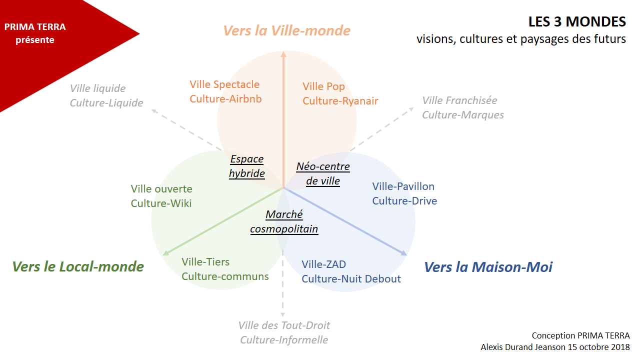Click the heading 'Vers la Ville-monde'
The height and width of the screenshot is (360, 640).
pyautogui.click(x=286, y=30)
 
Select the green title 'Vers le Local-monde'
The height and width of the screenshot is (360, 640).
pyautogui.click(x=78, y=266)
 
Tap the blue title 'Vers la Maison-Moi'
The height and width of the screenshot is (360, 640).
pyautogui.click(x=488, y=267)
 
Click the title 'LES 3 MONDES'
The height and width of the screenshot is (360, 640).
pyautogui.click(x=577, y=22)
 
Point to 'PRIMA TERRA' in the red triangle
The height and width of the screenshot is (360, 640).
pyautogui.click(x=35, y=27)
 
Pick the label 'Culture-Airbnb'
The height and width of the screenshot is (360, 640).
pyautogui.click(x=225, y=99)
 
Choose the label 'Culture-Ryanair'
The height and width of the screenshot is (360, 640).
pyautogui.click(x=340, y=101)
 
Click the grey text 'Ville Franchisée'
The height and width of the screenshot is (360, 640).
pyautogui.click(x=459, y=100)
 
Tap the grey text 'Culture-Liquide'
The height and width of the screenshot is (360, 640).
pyautogui.click(x=106, y=103)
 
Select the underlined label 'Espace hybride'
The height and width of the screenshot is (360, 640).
pyautogui.click(x=247, y=166)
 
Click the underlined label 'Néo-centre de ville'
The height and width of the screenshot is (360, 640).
pyautogui.click(x=323, y=173)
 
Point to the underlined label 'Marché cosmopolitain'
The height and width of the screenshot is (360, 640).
pyautogui.click(x=284, y=221)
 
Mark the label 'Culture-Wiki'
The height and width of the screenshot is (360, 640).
pyautogui.click(x=161, y=203)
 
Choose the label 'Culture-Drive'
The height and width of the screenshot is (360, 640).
pyautogui.click(x=404, y=201)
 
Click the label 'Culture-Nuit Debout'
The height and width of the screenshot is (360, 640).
pyautogui.click(x=351, y=279)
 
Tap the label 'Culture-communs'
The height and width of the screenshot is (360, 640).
pyautogui.click(x=225, y=276)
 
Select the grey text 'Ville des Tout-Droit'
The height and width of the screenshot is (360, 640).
pyautogui.click(x=284, y=325)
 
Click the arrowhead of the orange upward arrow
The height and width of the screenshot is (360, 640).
pyautogui.click(x=283, y=54)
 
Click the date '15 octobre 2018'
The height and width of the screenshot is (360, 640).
pyautogui.click(x=598, y=347)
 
